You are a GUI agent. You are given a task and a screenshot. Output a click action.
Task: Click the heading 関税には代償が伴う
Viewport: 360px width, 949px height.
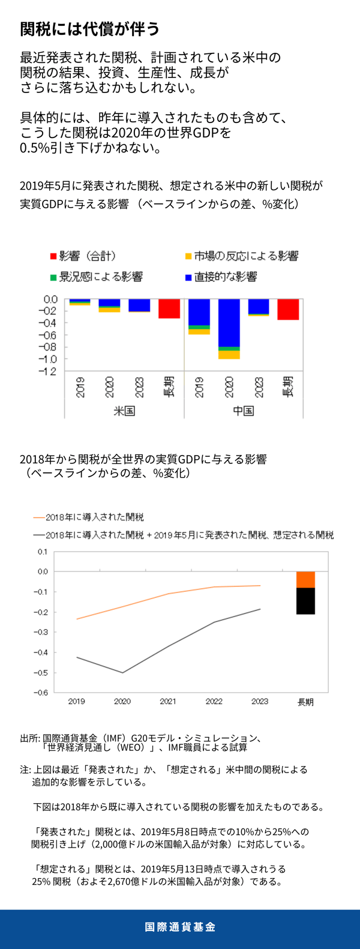90,29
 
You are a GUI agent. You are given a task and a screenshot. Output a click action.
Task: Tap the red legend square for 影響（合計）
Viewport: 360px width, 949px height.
53,257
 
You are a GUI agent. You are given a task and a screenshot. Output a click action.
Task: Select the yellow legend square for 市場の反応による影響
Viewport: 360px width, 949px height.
188,257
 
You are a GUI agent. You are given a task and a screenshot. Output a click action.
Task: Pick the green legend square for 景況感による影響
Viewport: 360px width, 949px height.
53,277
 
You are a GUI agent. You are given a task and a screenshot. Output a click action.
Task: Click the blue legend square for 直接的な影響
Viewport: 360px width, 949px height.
188,277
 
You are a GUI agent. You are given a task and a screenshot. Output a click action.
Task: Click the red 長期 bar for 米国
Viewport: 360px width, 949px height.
169,309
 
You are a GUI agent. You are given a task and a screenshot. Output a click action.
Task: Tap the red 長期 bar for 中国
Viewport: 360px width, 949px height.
288,309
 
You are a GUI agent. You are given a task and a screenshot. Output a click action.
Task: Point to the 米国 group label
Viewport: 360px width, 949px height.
124,411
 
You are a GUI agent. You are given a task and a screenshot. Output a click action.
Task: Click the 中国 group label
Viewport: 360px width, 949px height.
243,411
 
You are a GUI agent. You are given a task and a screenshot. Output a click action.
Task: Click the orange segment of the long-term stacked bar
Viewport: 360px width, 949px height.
305,580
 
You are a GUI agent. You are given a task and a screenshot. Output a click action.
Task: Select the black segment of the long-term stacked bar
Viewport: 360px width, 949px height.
305,601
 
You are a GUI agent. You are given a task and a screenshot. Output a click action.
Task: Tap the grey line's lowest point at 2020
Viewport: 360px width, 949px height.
122,672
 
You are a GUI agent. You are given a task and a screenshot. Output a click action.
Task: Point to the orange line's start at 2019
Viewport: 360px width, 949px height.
77,619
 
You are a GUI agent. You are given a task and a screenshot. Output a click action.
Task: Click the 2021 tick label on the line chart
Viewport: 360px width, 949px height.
168,701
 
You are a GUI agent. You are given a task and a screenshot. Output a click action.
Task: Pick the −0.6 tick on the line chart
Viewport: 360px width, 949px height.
41,693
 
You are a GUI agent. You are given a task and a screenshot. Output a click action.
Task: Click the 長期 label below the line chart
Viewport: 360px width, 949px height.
305,702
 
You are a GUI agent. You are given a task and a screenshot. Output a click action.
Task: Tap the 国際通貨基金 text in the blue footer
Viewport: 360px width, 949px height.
180,927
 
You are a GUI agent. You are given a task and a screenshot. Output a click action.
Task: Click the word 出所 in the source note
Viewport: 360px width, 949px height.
29,738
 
